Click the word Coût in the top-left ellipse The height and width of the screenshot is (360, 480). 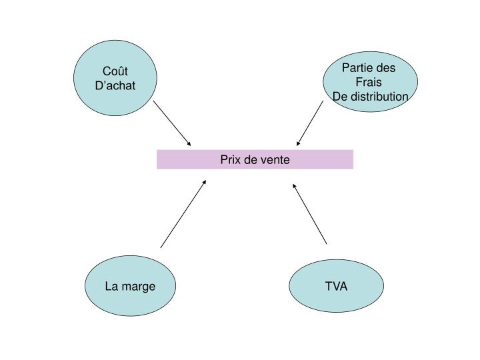(115, 72)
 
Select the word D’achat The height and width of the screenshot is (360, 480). (115, 86)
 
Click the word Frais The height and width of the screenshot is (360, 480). (369, 82)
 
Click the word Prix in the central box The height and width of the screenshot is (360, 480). (231, 160)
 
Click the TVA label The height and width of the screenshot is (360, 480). (336, 287)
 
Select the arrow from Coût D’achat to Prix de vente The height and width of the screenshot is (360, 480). (172, 123)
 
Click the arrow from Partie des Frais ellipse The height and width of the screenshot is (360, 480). (310, 123)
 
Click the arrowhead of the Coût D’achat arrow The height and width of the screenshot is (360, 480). (189, 144)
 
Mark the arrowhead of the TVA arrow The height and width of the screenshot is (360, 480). (295, 185)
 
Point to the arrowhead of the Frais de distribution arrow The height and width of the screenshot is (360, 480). (298, 143)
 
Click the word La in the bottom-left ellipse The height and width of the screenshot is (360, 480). (111, 287)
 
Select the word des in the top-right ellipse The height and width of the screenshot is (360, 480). (385, 68)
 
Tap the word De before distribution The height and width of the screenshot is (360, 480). (339, 97)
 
